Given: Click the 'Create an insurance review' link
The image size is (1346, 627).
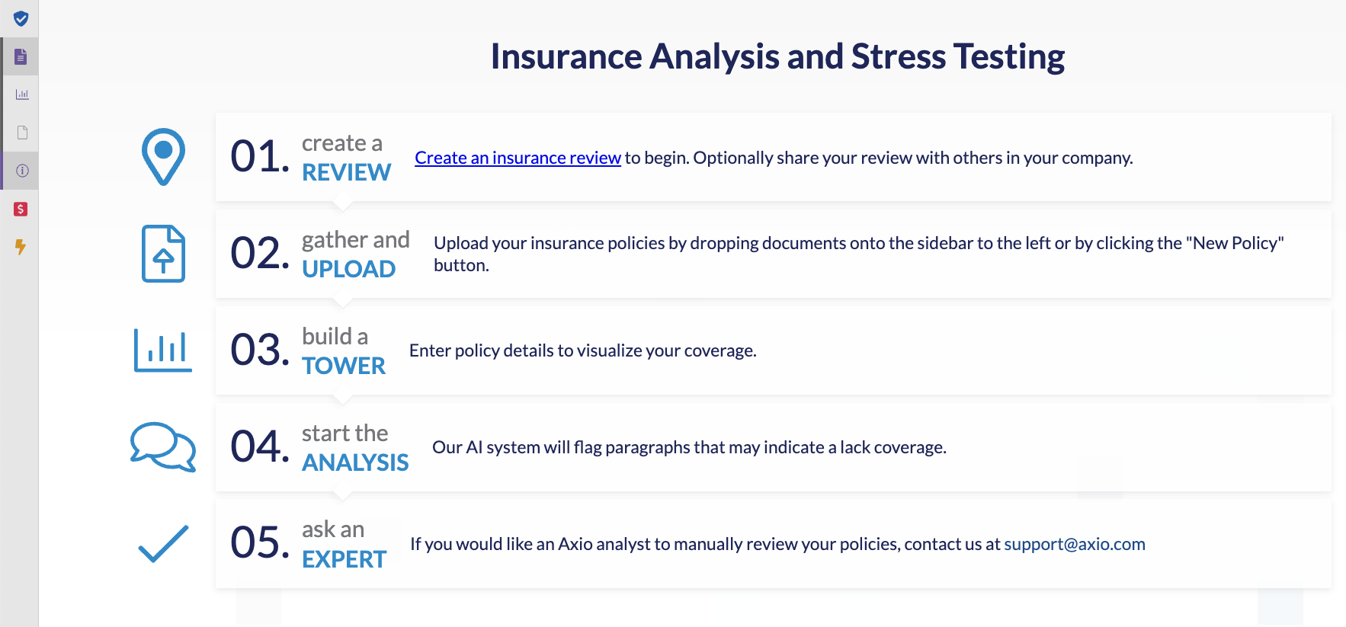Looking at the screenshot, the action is [518, 158].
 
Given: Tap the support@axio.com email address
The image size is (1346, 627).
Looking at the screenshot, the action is [1075, 544].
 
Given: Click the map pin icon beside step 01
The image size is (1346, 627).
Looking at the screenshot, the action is [163, 157].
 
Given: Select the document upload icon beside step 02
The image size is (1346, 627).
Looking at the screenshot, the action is [163, 254].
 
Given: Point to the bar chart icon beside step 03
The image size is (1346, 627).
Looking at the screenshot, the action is [163, 350].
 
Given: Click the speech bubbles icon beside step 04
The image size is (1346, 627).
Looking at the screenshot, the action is [163, 447].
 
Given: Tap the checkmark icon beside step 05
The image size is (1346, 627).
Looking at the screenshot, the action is [163, 544].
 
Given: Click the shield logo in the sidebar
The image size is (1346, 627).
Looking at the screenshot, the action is [21, 18].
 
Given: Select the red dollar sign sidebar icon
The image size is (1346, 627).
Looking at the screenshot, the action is [21, 209].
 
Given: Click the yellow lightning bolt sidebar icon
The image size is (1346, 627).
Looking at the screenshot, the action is [21, 247].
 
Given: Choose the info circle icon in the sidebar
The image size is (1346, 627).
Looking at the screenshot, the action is [22, 171].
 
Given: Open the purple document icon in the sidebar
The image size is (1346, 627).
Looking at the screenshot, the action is [21, 56].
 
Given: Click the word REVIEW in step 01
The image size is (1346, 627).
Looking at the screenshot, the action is [346, 172].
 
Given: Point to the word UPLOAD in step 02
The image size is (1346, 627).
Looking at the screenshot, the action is [348, 269].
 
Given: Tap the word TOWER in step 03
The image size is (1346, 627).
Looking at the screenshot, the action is [344, 366].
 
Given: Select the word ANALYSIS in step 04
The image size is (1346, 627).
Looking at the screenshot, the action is [355, 462].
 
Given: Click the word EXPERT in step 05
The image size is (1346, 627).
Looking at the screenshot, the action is [344, 559].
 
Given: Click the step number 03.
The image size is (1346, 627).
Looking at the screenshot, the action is [260, 350].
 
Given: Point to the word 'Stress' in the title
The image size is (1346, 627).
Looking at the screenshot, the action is [899, 56].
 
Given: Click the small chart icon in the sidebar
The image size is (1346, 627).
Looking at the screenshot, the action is [22, 94].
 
